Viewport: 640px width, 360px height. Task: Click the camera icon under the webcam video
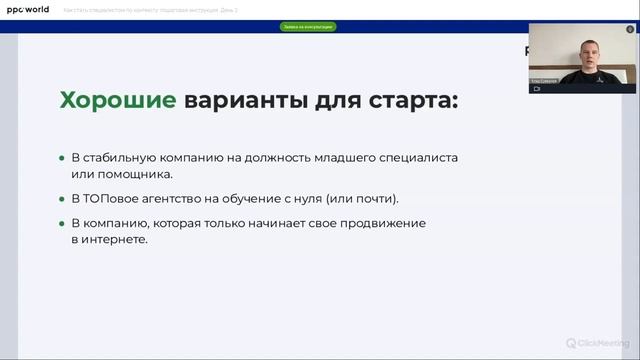(535, 88)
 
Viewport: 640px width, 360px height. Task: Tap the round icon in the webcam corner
(630, 29)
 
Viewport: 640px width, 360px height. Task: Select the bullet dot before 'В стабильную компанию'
(61, 160)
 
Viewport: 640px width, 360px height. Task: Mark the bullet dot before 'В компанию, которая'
(61, 222)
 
